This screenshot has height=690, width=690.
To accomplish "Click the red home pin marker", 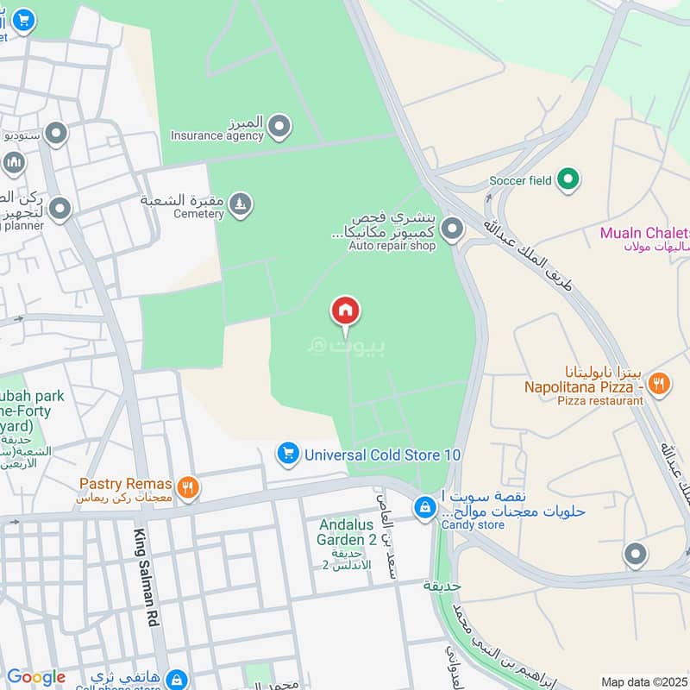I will pyautogui.click(x=346, y=311).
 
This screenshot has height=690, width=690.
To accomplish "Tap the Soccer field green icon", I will pyautogui.click(x=567, y=180).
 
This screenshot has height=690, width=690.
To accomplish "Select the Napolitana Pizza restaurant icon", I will pyautogui.click(x=659, y=383).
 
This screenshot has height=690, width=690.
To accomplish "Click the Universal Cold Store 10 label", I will pyautogui.click(x=383, y=455).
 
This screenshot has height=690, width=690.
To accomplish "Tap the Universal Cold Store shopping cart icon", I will pyautogui.click(x=288, y=453).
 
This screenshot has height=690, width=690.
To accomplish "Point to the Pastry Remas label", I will pyautogui.click(x=126, y=484).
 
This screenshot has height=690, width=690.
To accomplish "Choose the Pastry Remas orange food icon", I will pyautogui.click(x=188, y=488).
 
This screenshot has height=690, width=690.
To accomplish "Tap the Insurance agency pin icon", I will pyautogui.click(x=279, y=127).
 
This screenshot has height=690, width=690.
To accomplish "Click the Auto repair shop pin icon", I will pyautogui.click(x=451, y=229).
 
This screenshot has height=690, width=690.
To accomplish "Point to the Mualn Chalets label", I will pyautogui.click(x=645, y=233).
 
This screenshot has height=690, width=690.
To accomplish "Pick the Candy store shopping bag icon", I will pyautogui.click(x=423, y=508).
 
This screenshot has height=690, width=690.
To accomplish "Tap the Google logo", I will pyautogui.click(x=36, y=677).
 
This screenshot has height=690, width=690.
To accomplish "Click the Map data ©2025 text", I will pyautogui.click(x=643, y=681).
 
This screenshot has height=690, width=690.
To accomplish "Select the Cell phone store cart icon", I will pyautogui.click(x=176, y=680).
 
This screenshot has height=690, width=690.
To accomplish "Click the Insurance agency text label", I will pyautogui.click(x=216, y=135).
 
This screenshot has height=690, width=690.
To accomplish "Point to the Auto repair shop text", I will pyautogui.click(x=392, y=246).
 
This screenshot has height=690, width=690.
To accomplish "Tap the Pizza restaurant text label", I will pyautogui.click(x=600, y=400).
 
